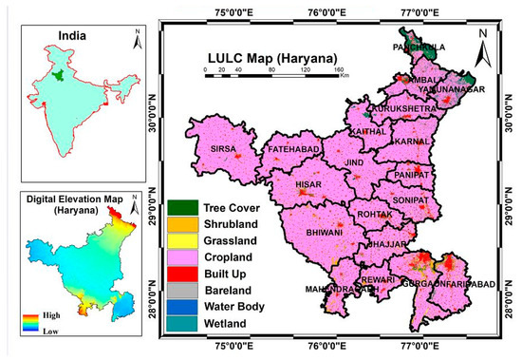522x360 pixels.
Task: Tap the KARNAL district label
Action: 413,141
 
